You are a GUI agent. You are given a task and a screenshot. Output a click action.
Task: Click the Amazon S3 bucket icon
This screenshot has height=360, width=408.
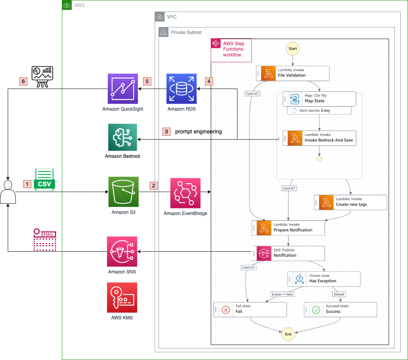click(x=123, y=192)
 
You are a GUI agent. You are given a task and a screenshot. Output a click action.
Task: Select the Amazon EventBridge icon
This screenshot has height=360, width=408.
click(x=185, y=193)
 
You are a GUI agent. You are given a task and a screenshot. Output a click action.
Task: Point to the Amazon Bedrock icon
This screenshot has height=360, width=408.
click(x=123, y=137)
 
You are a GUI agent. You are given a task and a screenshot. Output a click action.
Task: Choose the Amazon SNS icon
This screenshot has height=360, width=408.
click(x=122, y=252)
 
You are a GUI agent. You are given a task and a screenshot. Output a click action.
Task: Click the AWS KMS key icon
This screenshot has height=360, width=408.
click(x=122, y=297)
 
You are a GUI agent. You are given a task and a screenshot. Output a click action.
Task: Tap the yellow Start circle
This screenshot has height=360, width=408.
click(x=293, y=49)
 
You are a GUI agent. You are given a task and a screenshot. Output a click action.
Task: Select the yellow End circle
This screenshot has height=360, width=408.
click(x=288, y=334)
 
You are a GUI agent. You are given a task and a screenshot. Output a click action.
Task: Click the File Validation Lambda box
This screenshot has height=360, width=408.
click(x=293, y=73)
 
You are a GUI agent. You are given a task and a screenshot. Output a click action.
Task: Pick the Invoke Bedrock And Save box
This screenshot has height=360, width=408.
click(x=319, y=138)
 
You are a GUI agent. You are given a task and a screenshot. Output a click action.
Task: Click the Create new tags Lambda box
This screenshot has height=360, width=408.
click(x=351, y=202)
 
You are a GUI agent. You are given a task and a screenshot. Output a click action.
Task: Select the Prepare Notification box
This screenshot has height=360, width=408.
click(x=288, y=228)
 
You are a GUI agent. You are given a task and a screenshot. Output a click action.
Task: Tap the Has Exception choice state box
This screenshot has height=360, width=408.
click(x=324, y=279)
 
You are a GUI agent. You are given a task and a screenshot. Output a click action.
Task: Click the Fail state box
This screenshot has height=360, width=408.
click(x=250, y=309)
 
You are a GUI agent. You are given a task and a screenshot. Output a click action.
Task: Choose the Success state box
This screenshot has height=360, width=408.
click(x=340, y=309)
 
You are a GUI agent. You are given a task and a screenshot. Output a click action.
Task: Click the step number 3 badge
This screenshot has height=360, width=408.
click(x=166, y=131)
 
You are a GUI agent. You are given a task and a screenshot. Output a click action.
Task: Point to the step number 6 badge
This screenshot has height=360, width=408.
click(x=23, y=82)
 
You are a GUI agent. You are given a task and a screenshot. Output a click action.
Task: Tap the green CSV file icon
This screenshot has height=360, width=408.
click(x=45, y=180)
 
